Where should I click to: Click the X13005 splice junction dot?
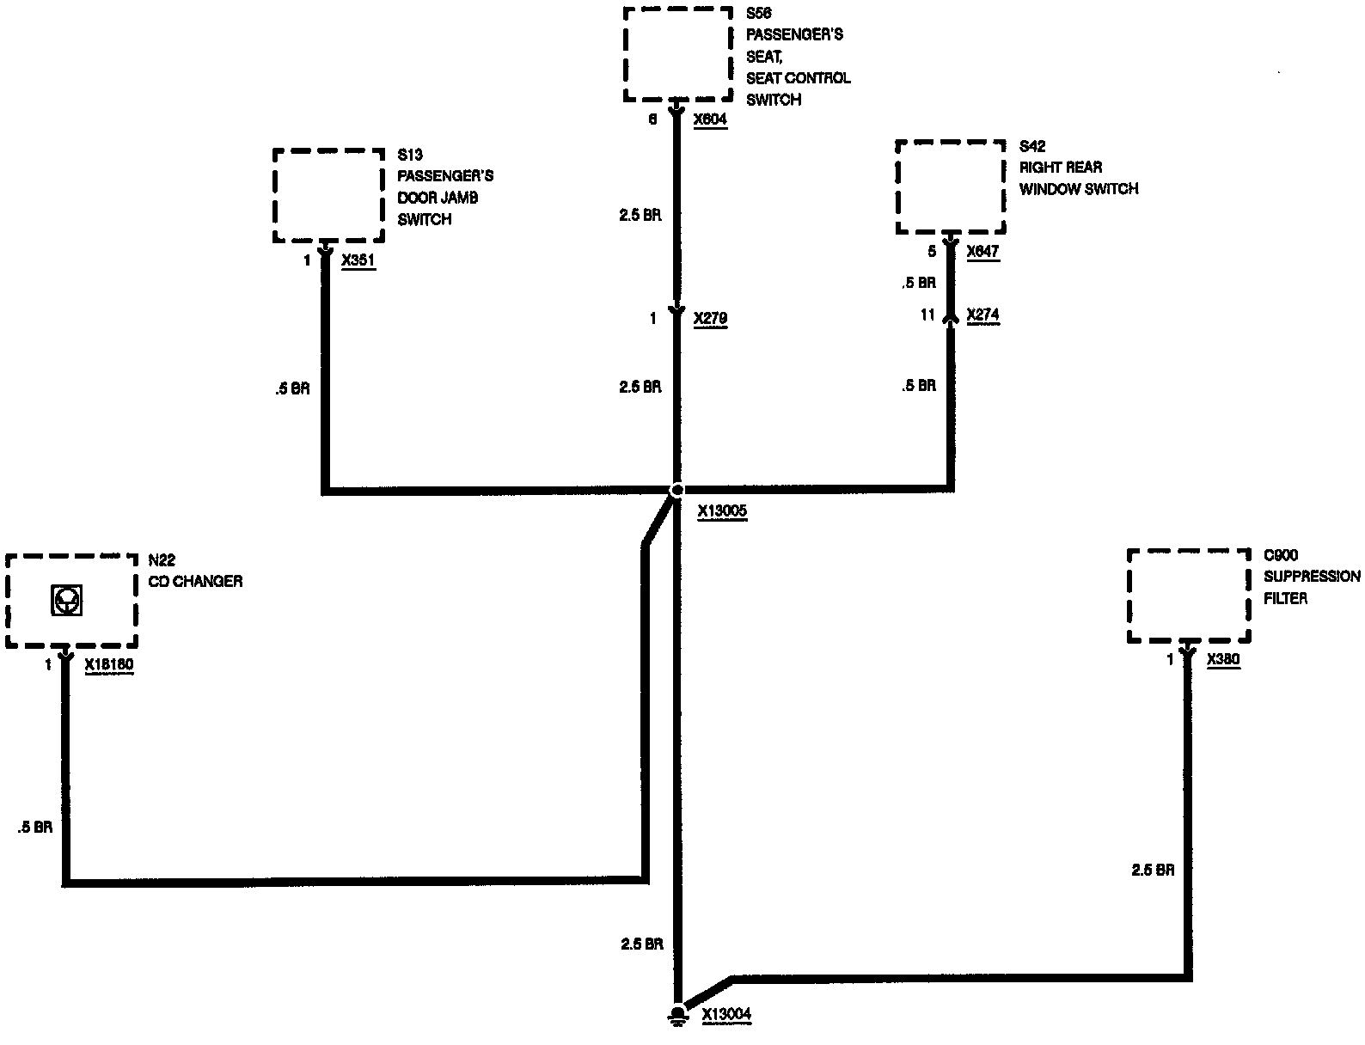click(676, 490)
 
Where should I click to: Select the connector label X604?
click(710, 119)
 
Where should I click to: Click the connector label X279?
click(710, 319)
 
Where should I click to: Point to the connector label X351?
click(358, 261)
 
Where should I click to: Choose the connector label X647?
click(982, 252)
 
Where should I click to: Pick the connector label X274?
click(982, 315)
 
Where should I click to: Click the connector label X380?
click(1223, 659)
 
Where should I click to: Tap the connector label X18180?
click(109, 664)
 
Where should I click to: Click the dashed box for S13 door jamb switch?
click(328, 196)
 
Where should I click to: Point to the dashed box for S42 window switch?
click(950, 186)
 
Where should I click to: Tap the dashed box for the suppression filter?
click(1188, 596)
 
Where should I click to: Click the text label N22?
click(162, 560)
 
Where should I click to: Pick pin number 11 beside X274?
click(927, 315)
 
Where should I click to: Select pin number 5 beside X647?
click(932, 252)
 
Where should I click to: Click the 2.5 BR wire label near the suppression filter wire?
click(1153, 870)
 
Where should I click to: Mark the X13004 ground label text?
click(726, 1014)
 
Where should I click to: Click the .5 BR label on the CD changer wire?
click(34, 828)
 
